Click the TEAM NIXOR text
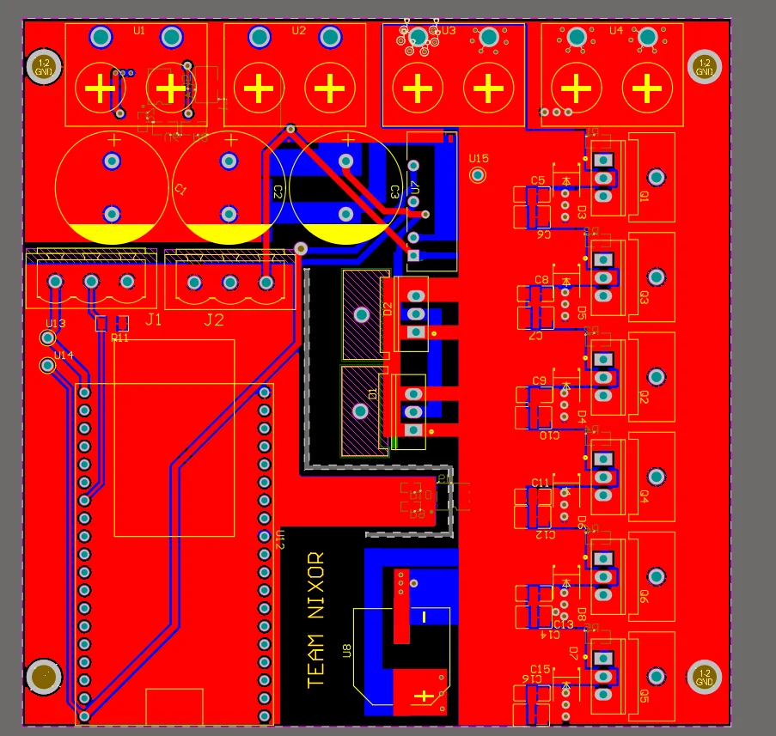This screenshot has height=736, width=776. point(316,618)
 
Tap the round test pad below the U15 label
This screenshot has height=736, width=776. point(479,175)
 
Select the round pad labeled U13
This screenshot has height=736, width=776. point(48,338)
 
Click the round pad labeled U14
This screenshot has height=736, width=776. point(48,367)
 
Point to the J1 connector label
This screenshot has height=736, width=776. point(153,320)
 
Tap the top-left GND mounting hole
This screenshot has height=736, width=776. point(43,66)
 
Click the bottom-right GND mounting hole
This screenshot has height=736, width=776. point(705,677)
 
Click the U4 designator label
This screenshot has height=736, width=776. point(615,30)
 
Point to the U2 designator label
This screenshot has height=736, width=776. point(298,30)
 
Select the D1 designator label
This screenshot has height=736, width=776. point(372,393)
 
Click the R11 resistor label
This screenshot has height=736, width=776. point(119,338)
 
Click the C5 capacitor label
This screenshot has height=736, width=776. point(538,180)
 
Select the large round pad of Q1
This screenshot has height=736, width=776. point(656,178)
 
